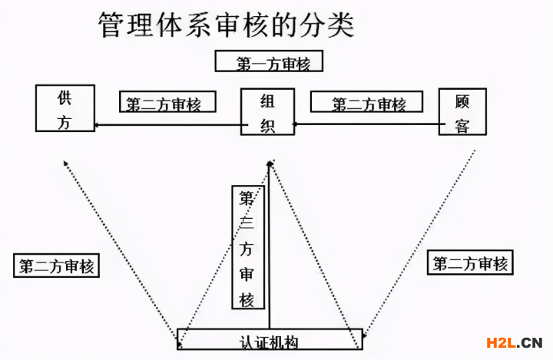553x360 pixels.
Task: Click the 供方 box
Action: [65, 108]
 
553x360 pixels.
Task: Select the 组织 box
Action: [267, 112]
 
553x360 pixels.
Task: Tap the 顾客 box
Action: [462, 112]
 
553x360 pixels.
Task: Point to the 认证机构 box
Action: [268, 339]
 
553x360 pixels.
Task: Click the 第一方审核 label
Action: [269, 61]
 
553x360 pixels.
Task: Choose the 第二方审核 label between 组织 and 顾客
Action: [368, 102]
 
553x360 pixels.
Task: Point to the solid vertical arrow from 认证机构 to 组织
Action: [270, 253]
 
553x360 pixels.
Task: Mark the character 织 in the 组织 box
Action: [267, 125]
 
